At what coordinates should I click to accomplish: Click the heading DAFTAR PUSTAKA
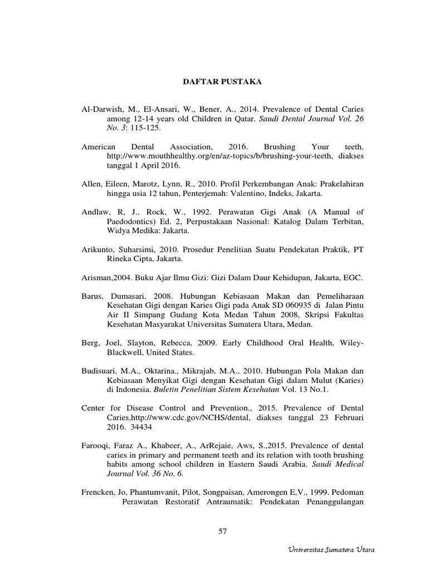click(222, 82)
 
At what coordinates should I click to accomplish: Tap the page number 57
click(223, 532)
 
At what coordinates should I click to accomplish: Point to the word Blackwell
click(126, 352)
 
